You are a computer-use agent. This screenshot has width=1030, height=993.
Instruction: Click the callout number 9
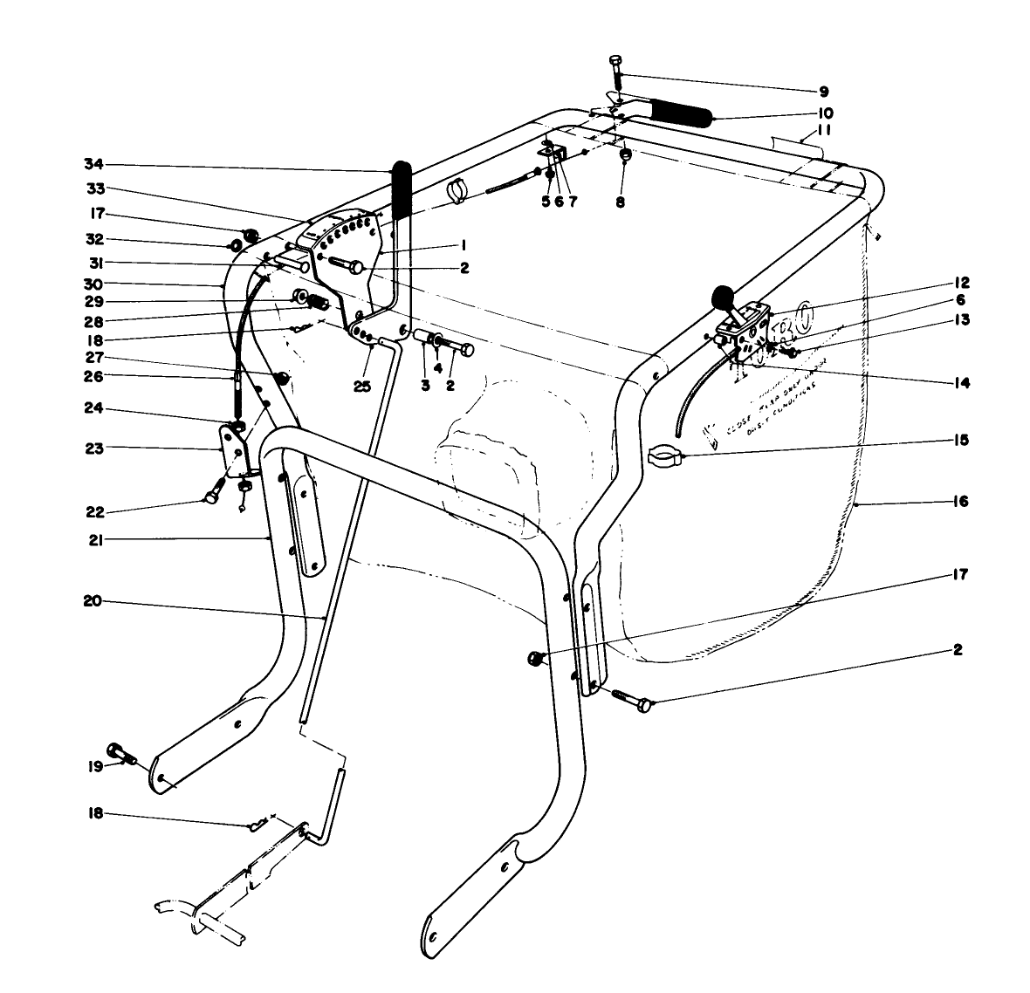823,91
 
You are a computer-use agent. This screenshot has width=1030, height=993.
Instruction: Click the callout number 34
93,164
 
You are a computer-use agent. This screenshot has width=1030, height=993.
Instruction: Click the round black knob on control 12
724,298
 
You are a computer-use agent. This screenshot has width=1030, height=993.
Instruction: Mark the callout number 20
93,600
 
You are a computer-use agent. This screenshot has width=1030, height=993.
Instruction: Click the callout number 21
93,540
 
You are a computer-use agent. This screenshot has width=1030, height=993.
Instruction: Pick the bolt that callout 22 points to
212,497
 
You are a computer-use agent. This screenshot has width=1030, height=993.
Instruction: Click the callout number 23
93,448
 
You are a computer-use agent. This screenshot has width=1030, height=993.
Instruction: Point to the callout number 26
93,376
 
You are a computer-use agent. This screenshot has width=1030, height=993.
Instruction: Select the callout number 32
93,238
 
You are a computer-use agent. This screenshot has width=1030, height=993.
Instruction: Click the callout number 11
823,130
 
